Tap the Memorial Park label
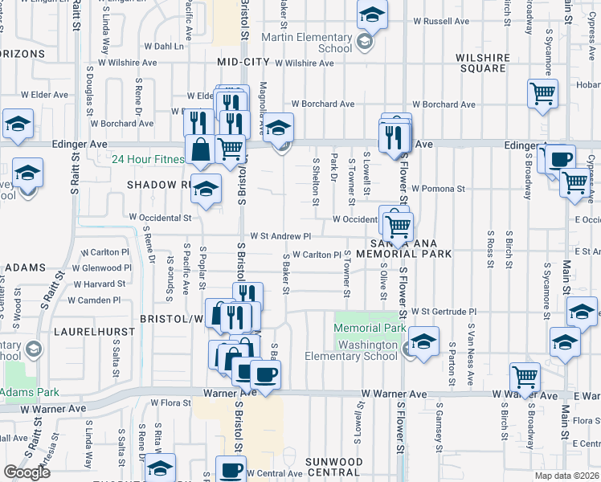(x=370, y=328)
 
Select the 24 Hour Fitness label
(x=148, y=159)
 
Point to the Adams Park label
(x=30, y=393)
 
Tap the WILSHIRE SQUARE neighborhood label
(x=480, y=63)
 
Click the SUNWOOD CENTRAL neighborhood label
(x=333, y=467)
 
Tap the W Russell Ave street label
(x=440, y=22)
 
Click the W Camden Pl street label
(x=94, y=300)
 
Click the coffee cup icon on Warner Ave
(x=265, y=374)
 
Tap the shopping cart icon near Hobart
(x=543, y=93)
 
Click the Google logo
(x=27, y=472)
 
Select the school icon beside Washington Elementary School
(x=423, y=341)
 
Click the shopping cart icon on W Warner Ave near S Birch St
(x=525, y=377)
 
